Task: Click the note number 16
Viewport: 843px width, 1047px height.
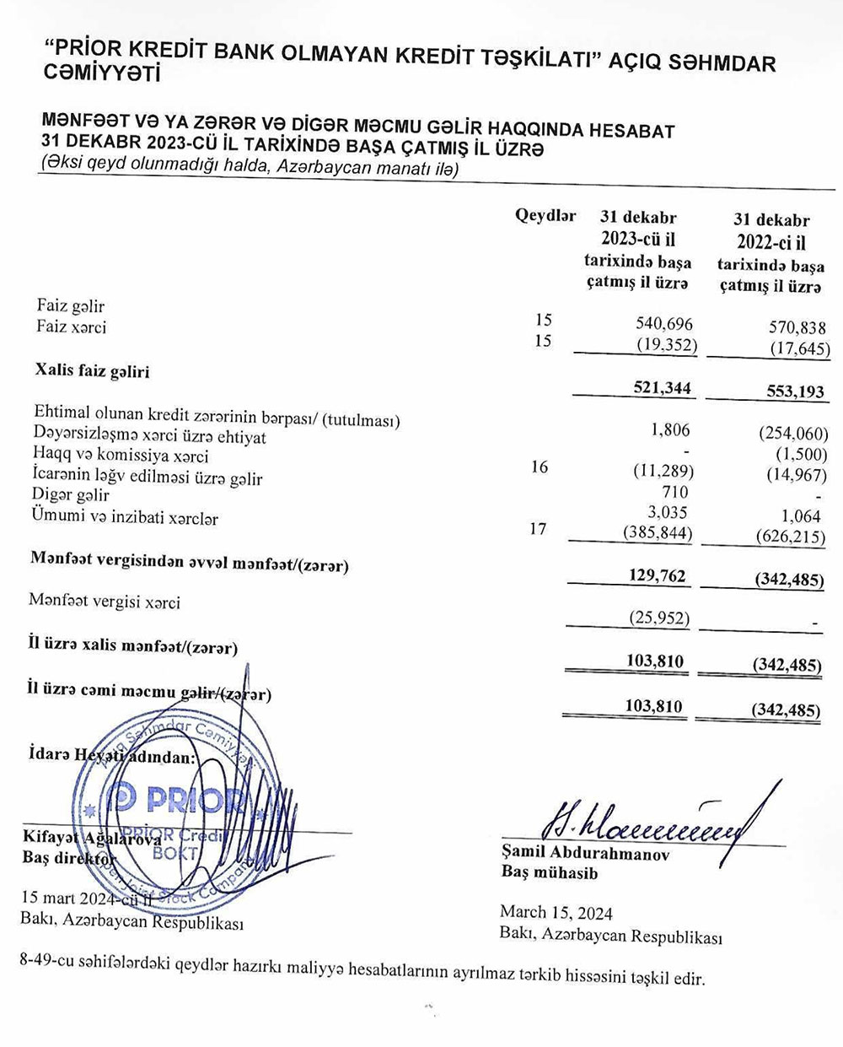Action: (x=540, y=467)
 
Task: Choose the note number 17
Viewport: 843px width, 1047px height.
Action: (x=538, y=529)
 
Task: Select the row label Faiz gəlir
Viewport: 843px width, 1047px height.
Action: (x=71, y=306)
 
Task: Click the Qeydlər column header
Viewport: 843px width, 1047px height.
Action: (x=545, y=215)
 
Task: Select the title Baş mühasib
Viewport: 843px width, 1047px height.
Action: (x=549, y=873)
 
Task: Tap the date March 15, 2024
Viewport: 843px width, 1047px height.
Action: (x=556, y=913)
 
